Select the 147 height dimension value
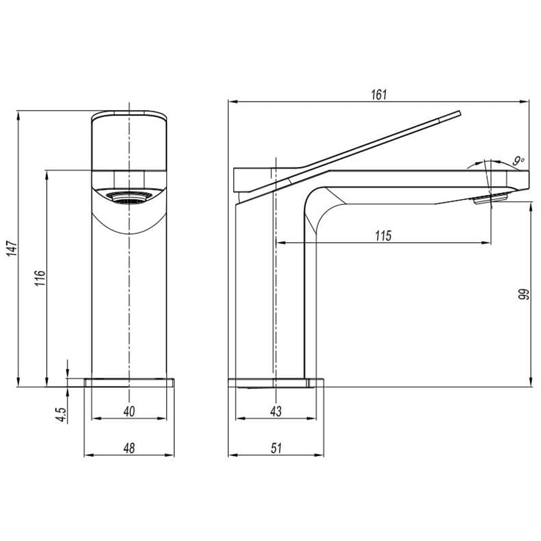pyautogui.click(x=13, y=248)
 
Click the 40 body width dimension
pyautogui.click(x=129, y=411)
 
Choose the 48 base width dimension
pyautogui.click(x=129, y=448)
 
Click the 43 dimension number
pyautogui.click(x=276, y=411)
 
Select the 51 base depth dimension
pyautogui.click(x=276, y=448)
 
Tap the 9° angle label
pyautogui.click(x=518, y=160)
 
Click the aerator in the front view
pyautogui.click(x=130, y=197)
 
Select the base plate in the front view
pyautogui.click(x=129, y=382)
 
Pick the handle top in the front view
pyautogui.click(x=130, y=114)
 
